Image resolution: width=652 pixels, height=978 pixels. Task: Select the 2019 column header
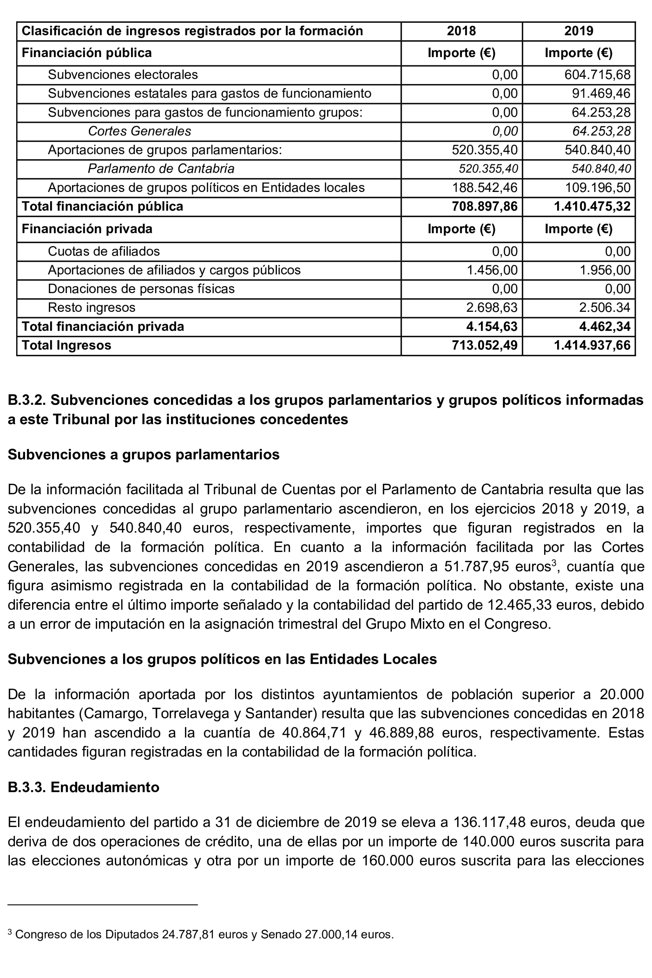coord(578,31)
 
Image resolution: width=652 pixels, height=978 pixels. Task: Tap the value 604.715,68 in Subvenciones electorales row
coord(597,75)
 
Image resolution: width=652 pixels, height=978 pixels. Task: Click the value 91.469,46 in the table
coord(601,93)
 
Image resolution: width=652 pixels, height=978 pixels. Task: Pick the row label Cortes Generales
coord(139,131)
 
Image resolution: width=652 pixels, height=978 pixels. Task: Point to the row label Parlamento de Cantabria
coord(161,169)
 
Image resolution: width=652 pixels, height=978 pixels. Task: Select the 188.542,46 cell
coord(485,188)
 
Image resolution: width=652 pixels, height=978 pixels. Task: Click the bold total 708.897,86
coord(485,206)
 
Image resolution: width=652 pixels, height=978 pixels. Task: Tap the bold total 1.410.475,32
coord(592,206)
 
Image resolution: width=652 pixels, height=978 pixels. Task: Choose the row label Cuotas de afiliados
coord(104,252)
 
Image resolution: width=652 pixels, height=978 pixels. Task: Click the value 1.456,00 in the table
coord(492,270)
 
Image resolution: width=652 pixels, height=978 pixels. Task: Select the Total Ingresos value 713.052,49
coord(485,345)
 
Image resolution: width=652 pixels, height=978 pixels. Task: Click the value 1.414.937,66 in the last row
coord(592,345)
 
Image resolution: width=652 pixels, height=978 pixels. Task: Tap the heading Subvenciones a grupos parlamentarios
coord(143,455)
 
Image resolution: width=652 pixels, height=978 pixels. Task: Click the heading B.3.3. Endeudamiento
coord(84,787)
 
